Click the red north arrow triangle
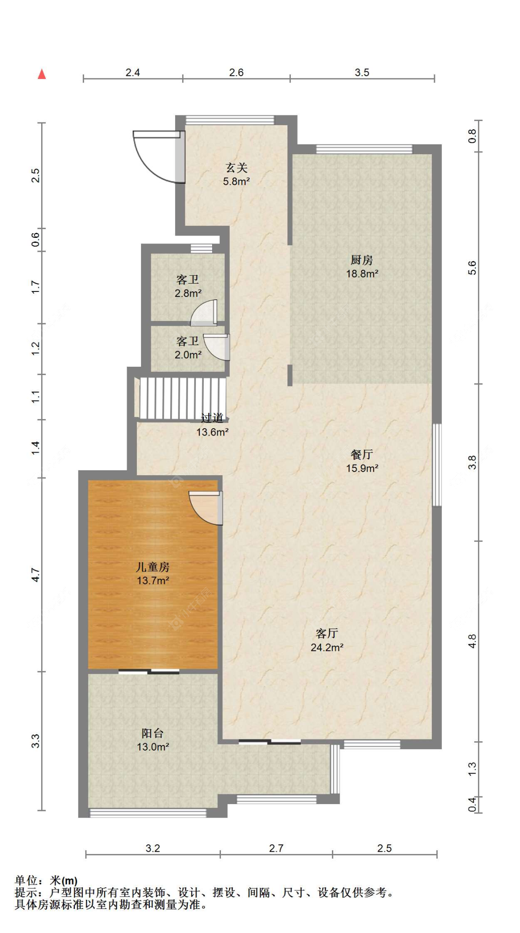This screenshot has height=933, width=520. tap(42, 74)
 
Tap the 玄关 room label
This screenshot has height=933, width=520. tap(236, 168)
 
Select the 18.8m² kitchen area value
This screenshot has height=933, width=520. tap(362, 273)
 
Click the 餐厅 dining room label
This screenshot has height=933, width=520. tap(362, 454)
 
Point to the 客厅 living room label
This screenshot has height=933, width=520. tap(327, 633)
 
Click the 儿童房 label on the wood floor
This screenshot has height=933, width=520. tap(153, 567)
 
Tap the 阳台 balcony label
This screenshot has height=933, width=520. tap(153, 733)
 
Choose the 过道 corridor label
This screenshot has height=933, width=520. tap(212, 418)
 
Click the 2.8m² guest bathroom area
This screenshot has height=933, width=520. tap(188, 293)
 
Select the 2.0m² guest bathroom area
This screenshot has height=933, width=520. tap(188, 355)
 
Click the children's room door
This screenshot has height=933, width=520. tap(206, 508)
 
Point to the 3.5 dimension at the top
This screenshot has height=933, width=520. tap(362, 73)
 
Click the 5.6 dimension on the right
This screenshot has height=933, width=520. tap(471, 268)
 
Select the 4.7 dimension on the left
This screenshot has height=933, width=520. tap(36, 575)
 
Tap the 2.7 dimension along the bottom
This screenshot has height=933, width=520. tap(276, 848)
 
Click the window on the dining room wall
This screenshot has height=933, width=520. tap(437, 465)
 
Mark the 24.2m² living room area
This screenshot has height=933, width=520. tap(327, 648)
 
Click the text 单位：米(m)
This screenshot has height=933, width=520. tap(46, 881)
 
